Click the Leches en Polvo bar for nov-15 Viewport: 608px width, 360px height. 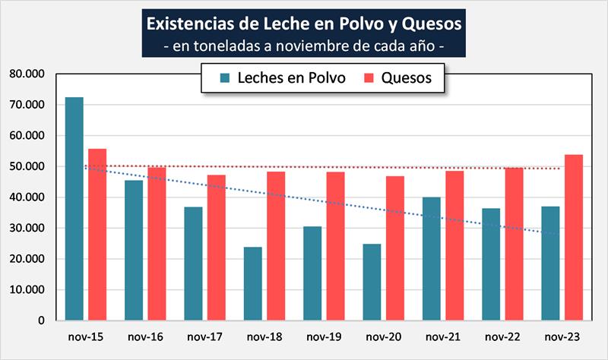(74, 209)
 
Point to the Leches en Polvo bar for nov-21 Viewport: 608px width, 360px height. (431, 259)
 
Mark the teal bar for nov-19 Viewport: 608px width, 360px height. (312, 273)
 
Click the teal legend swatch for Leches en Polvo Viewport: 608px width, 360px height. (225, 78)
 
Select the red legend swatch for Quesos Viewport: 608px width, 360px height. (369, 78)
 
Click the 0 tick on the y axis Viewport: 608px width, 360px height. (41, 321)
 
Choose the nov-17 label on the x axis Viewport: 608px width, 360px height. (204, 336)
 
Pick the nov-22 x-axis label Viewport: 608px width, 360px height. (502, 336)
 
